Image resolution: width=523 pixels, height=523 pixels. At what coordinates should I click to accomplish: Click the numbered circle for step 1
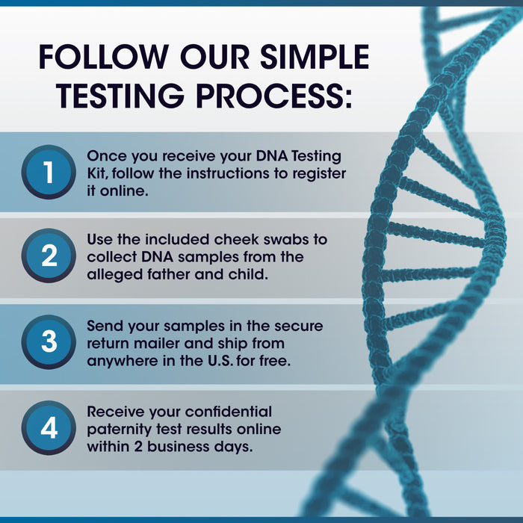[49, 172]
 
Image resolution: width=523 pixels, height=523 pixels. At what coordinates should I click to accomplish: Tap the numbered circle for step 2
[49, 256]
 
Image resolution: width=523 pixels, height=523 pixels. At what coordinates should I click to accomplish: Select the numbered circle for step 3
[49, 342]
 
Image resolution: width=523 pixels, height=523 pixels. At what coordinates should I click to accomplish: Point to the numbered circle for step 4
[49, 428]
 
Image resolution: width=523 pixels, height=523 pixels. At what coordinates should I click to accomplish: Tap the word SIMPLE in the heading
[315, 57]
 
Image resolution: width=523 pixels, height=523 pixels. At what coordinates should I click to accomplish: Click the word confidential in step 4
[229, 412]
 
